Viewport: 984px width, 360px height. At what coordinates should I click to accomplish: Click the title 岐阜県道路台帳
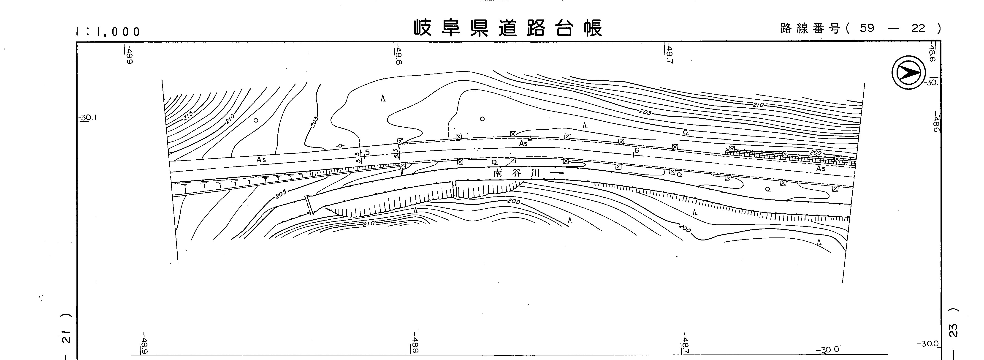coord(508,28)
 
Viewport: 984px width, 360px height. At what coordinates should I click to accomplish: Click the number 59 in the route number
coord(867,28)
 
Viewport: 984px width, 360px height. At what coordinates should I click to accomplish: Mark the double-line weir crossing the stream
coord(309,205)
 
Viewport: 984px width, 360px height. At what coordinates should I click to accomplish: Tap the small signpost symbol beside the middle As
coord(530,139)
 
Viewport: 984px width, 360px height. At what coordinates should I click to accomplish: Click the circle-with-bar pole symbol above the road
coord(340,146)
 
